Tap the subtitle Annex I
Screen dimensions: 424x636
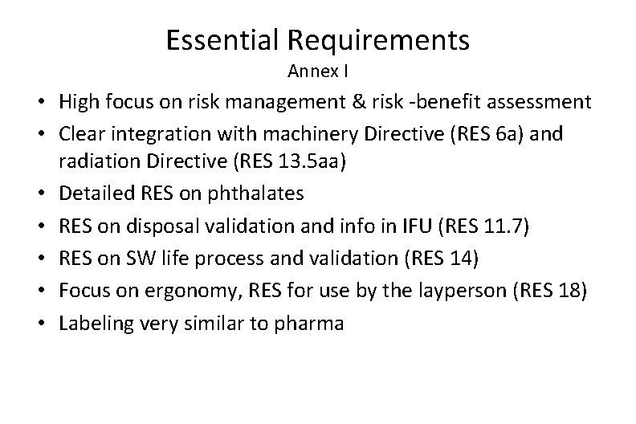tap(317, 72)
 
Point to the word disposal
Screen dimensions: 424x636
tap(167, 227)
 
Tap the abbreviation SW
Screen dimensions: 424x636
tap(149, 259)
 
